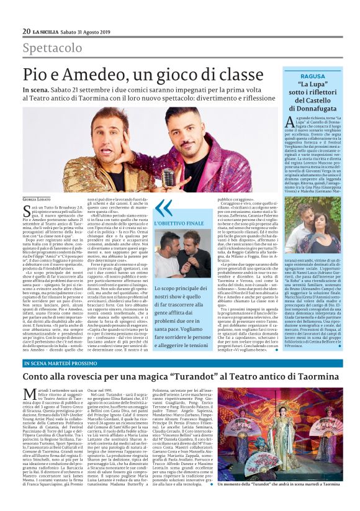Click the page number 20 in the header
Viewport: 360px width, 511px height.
pyautogui.click(x=26, y=31)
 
